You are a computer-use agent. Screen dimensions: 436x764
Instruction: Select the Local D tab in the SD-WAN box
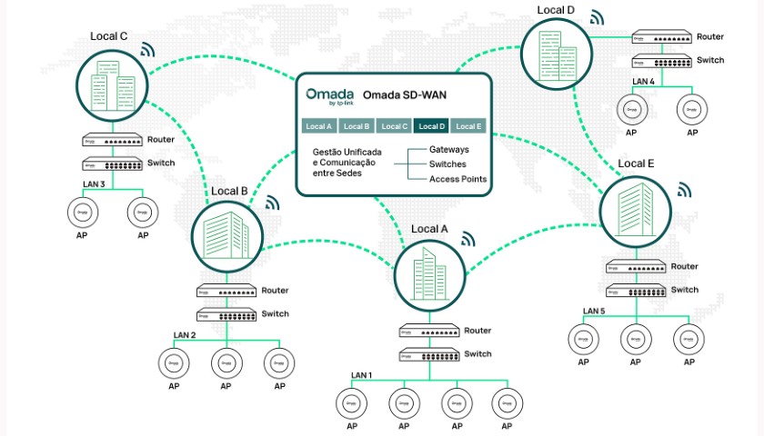coord(431,126)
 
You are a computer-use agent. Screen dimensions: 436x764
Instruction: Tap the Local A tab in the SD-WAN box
coord(319,126)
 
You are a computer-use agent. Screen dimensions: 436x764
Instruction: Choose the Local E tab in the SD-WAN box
coord(469,126)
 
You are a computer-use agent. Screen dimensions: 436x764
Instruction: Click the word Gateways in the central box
coord(448,148)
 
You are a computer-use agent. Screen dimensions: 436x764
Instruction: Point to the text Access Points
coord(457,179)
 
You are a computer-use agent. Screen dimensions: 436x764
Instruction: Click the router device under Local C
coord(111,141)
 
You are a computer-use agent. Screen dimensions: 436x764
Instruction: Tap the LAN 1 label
coord(362,375)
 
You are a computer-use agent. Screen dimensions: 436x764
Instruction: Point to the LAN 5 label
coord(595,312)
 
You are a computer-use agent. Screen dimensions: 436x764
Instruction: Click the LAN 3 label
coord(95,184)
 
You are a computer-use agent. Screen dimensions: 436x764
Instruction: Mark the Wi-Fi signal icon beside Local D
coord(596,17)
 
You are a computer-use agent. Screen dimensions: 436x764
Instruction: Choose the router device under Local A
coord(428,332)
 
